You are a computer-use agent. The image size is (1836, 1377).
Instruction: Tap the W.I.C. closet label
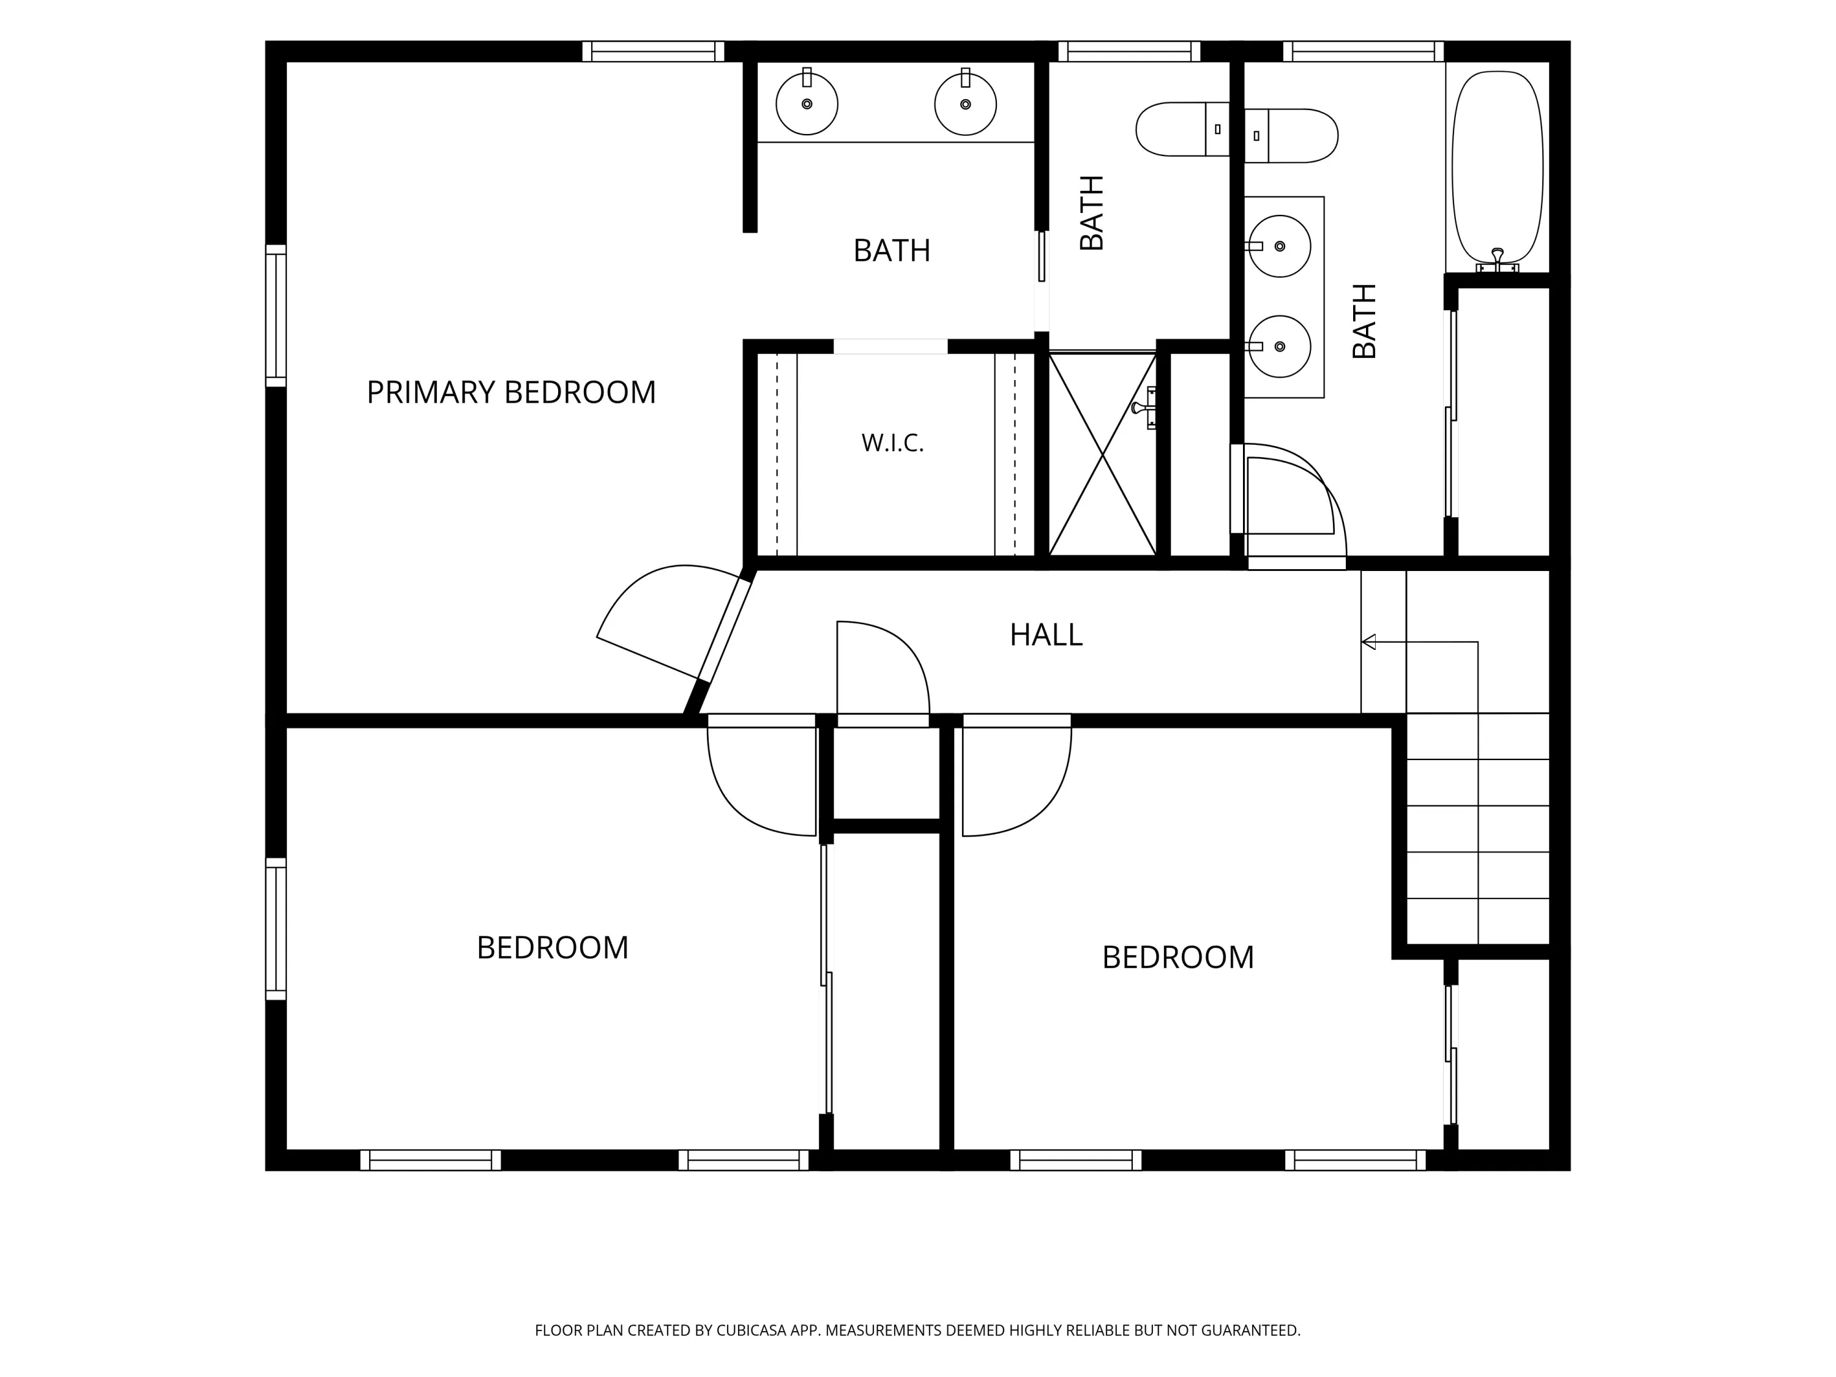[x=892, y=443]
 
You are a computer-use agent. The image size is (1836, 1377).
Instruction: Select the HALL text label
[x=1046, y=635]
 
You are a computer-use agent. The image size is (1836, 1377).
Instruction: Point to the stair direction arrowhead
[x=1368, y=641]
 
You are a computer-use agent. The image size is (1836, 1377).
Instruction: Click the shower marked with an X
[x=1102, y=454]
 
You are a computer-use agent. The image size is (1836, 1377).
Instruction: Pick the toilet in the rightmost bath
[x=1291, y=135]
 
